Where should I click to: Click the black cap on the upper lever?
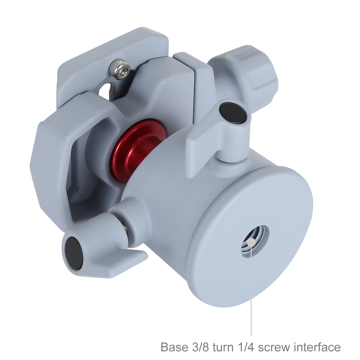coord(232,112)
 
